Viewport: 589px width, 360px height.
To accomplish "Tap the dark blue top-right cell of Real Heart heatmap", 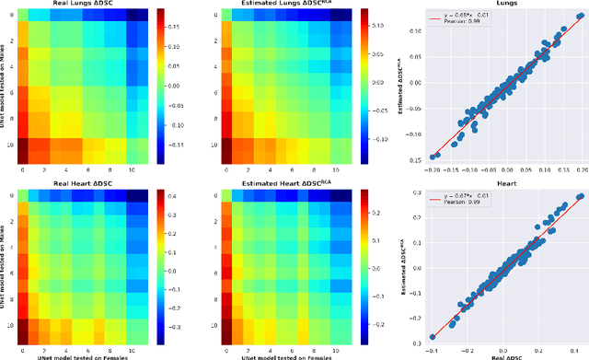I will coord(138,195).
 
